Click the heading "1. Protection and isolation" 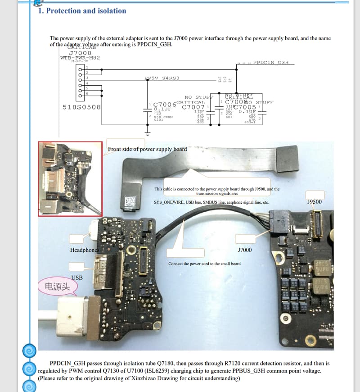[82, 11]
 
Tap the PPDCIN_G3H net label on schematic [270, 62]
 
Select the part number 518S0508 [81, 107]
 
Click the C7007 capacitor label [193, 107]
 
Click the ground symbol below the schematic [146, 132]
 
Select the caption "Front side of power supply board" [147, 149]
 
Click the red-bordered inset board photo [70, 179]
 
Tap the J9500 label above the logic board [314, 201]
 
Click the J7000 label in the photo [244, 250]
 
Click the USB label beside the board [77, 278]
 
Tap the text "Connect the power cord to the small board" [204, 264]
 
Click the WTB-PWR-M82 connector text [80, 58]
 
